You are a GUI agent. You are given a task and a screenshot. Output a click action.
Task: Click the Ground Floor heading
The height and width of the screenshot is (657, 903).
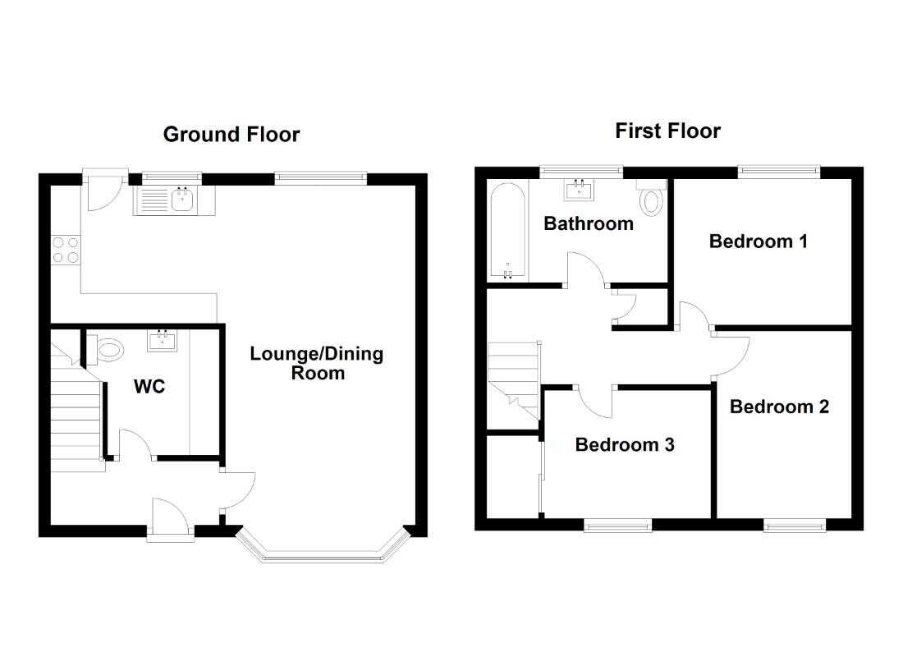(x=231, y=135)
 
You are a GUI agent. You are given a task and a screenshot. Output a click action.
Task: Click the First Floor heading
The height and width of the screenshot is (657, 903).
(x=667, y=131)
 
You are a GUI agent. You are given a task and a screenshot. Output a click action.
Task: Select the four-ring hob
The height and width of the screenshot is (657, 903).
(x=66, y=250)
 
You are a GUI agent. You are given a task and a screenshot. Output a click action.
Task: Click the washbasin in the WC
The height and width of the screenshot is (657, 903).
(x=163, y=340)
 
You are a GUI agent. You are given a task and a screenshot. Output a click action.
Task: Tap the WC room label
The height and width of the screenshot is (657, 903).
(x=149, y=386)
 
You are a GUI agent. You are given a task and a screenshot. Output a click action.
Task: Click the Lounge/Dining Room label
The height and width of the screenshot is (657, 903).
(x=317, y=363)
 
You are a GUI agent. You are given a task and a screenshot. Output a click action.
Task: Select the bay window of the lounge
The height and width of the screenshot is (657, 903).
(x=323, y=554)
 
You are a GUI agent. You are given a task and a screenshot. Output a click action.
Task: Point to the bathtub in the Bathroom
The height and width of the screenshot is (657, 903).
(x=507, y=232)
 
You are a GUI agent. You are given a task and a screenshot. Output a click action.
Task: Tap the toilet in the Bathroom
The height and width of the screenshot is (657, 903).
(x=651, y=198)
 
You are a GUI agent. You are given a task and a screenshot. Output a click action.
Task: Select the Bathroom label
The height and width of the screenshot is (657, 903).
(x=589, y=223)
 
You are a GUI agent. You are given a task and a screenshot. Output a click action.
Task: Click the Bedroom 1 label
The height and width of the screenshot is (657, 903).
(x=758, y=241)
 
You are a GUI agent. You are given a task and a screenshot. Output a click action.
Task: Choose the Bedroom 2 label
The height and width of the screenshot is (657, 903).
(x=779, y=407)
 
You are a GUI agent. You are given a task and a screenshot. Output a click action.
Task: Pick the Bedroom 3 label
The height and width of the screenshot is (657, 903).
(x=625, y=445)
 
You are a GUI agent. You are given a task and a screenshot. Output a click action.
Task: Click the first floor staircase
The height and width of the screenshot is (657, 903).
(x=514, y=380)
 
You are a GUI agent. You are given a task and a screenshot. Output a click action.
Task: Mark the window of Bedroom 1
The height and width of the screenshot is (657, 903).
(x=779, y=170)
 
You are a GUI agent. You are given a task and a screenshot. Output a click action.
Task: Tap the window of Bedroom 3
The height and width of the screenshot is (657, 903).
(x=618, y=526)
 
